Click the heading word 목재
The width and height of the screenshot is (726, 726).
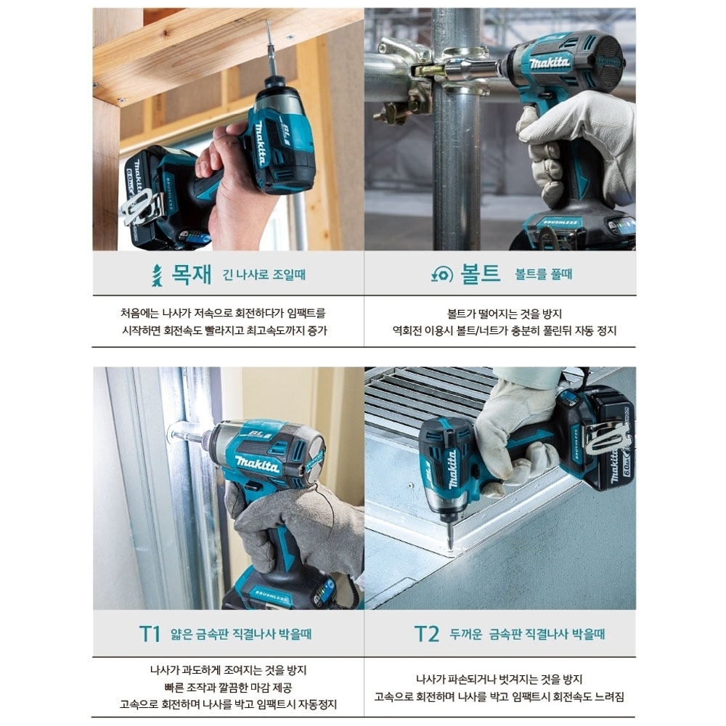click(191, 274)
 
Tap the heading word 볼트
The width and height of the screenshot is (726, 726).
click(480, 273)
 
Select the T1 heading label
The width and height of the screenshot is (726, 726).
click(150, 634)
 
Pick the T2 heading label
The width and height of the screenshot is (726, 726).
click(426, 634)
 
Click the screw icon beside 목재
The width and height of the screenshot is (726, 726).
click(158, 275)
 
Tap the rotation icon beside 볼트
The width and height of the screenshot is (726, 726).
click(441, 274)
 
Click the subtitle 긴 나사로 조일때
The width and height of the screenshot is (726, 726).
click(264, 274)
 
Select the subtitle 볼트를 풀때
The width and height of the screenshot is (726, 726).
click(544, 274)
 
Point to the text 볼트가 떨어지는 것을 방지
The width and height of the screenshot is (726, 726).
click(505, 314)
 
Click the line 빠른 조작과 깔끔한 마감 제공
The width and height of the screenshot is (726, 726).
click(228, 688)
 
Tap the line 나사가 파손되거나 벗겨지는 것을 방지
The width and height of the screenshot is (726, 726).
click(499, 680)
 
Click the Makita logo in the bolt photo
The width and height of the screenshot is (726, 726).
click(550, 62)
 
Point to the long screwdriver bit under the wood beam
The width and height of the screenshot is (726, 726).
click(270, 49)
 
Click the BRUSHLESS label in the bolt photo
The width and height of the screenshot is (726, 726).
click(560, 223)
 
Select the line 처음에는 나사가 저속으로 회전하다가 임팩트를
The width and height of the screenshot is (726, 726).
click(223, 314)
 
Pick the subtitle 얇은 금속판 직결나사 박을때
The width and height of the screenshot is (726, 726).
click(241, 634)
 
